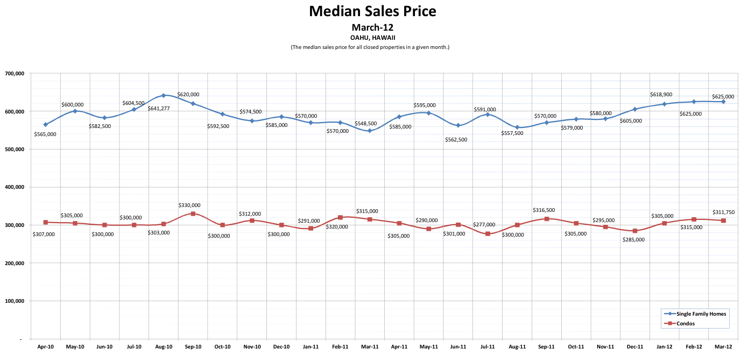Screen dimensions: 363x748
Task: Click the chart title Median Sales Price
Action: coord(372,11)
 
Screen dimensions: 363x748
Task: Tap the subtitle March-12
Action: coord(372,27)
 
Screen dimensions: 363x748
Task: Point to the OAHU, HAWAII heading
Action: coord(372,38)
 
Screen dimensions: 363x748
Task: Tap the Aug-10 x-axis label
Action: coord(164,347)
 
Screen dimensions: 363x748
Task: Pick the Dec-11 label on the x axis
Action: coord(635,347)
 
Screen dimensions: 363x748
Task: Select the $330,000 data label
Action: coord(189,205)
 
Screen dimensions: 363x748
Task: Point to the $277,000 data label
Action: coord(484,225)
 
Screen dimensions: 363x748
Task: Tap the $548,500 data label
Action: coord(366,123)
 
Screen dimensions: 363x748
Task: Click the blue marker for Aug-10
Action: coord(164,96)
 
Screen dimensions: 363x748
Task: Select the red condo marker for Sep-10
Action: coord(193,214)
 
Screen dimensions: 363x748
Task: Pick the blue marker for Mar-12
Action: coord(723,102)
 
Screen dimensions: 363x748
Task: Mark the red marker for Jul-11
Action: coord(488,234)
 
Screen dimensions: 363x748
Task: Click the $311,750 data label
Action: coord(723,212)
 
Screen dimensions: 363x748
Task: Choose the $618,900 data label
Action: coord(661,95)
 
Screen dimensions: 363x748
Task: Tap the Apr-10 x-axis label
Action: coord(46,347)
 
